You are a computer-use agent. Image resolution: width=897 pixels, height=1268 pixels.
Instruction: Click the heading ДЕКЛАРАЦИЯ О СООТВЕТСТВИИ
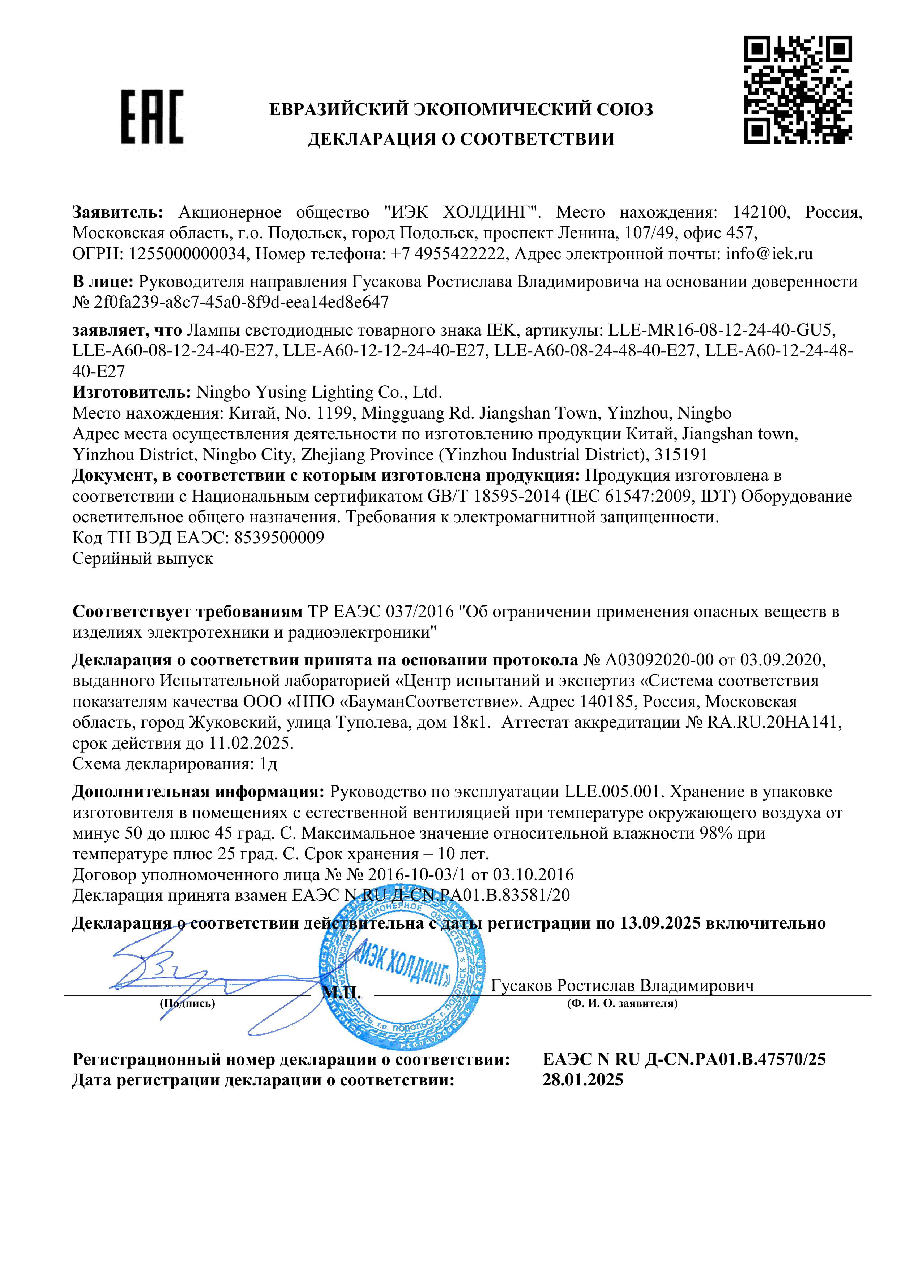pos(461,139)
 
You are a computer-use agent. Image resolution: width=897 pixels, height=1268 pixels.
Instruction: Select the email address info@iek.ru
pos(769,254)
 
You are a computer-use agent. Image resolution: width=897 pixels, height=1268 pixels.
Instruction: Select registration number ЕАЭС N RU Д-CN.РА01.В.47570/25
pos(684,1059)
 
